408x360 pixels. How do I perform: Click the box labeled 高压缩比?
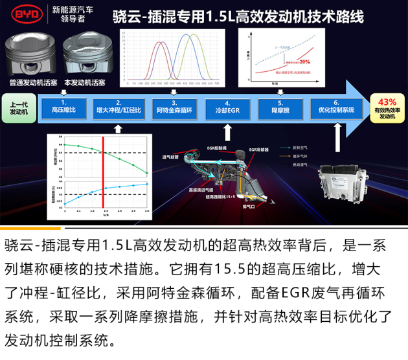[x=63, y=107]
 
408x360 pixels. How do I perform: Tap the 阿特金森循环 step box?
[x=174, y=107]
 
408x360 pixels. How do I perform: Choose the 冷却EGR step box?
[x=227, y=107]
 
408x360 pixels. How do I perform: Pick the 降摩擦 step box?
[x=280, y=107]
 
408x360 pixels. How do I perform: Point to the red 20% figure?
[x=305, y=62]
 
